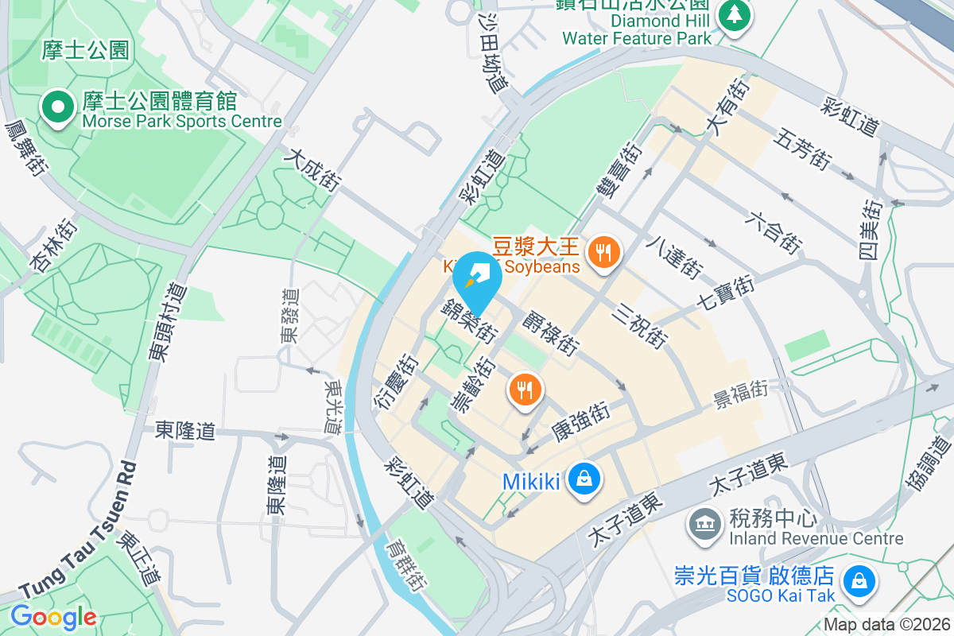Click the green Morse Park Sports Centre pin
pos(57,109)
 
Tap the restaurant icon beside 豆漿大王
pos(604,253)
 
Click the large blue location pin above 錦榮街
pos(477,278)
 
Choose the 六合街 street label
pos(775,231)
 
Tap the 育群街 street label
pos(403,564)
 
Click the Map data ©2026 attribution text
pos(886,624)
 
